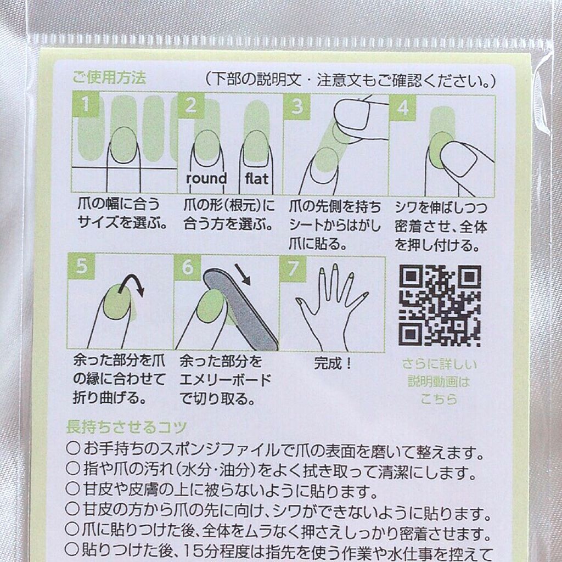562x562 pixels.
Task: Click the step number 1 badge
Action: click(86, 104)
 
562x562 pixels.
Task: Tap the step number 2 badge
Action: click(191, 105)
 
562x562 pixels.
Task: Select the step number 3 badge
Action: click(297, 106)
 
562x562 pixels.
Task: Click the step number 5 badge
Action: click(81, 266)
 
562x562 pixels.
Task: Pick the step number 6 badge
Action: click(187, 267)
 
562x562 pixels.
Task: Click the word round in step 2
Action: click(206, 178)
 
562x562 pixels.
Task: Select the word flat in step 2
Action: click(257, 178)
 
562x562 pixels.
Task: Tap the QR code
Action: click(440, 306)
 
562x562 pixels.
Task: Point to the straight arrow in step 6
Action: click(243, 274)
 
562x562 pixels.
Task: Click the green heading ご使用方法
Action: click(109, 77)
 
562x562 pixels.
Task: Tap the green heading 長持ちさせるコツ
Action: click(127, 427)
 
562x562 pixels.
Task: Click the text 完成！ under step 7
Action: click(334, 363)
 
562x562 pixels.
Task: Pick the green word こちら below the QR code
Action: click(439, 399)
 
